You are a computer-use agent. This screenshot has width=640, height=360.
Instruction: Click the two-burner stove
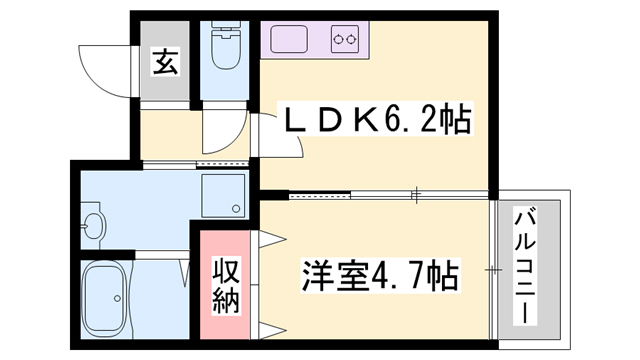[x=345, y=41]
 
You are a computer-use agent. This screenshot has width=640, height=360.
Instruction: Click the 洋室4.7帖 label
[x=380, y=274]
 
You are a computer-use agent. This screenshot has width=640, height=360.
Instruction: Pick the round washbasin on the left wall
[x=92, y=226]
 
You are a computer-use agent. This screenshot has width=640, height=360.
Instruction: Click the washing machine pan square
[x=222, y=196]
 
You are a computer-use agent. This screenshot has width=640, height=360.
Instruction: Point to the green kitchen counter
[x=316, y=41]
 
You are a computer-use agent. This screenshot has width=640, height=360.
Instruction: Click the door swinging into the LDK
[x=278, y=136]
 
